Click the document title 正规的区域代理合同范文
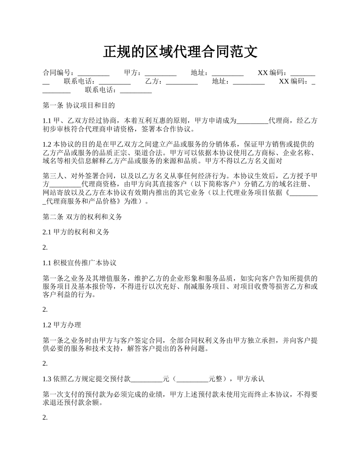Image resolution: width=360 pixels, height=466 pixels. pyautogui.click(x=180, y=52)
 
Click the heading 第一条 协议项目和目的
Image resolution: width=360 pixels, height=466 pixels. pyautogui.click(x=79, y=105)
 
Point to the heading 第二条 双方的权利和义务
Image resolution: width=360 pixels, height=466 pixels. pyautogui.click(x=83, y=217)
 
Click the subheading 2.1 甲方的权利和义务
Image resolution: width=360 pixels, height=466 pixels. pyautogui.click(x=76, y=232)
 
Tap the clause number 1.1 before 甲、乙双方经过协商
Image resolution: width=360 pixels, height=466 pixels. pyautogui.click(x=47, y=121)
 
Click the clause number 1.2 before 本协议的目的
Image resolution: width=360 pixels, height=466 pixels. pyautogui.click(x=47, y=144)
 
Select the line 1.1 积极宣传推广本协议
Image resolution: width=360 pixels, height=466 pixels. pyautogui.click(x=80, y=263)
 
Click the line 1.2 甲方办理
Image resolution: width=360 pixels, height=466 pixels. pyautogui.click(x=62, y=325)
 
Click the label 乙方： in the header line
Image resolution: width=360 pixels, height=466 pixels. pyautogui.click(x=155, y=81)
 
